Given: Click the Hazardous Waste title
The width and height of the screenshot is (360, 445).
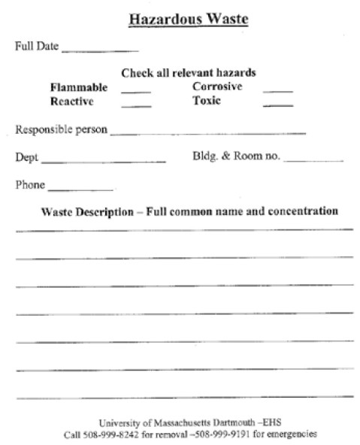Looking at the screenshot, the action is [188, 19].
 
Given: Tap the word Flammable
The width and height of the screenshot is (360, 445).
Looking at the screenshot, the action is [78, 87].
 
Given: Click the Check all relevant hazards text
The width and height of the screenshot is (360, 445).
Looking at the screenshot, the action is [189, 73].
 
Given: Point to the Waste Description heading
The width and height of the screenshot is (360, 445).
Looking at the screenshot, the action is [189, 211].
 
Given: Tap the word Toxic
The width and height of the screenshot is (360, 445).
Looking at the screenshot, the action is [207, 101].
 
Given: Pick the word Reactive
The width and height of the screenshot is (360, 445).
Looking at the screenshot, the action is [71, 101].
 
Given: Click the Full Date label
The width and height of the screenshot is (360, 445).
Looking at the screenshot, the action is [36, 47].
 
